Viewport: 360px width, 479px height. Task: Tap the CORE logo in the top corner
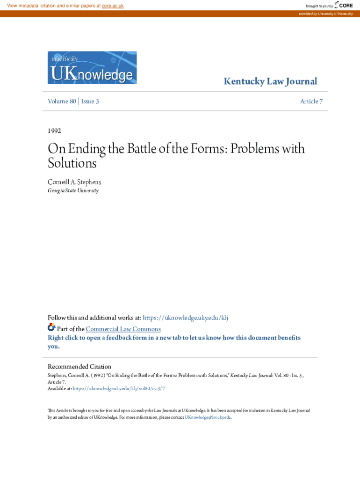click(344, 5)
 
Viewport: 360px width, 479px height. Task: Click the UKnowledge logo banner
click(92, 68)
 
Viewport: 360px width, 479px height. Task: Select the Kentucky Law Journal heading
click(270, 81)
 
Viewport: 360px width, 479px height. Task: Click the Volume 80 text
click(62, 101)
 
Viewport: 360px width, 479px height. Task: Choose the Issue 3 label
click(90, 101)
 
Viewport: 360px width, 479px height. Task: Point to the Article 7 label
click(311, 101)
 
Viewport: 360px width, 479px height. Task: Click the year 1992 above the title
click(55, 131)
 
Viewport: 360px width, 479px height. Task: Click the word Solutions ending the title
click(72, 163)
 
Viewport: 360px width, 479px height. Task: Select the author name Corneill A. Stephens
click(74, 181)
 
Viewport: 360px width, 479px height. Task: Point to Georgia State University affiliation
click(73, 191)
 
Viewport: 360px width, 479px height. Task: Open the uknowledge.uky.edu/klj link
click(185, 318)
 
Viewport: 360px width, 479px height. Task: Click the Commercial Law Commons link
click(123, 329)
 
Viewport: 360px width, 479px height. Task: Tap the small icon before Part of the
click(51, 327)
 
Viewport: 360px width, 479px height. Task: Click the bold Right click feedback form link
click(174, 338)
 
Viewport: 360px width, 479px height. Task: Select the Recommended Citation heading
click(79, 367)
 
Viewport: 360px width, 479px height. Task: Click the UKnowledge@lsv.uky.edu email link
click(208, 417)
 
